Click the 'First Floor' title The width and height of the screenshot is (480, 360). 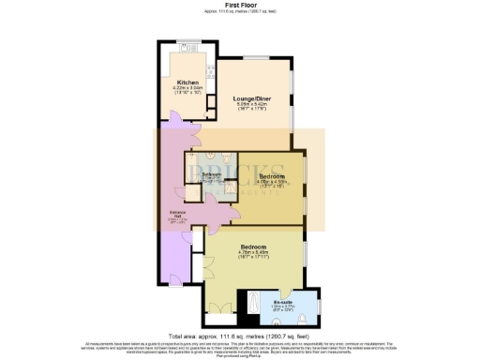click(239, 5)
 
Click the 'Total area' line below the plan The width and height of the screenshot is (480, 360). click(239, 335)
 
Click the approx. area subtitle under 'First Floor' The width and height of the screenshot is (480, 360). click(239, 12)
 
